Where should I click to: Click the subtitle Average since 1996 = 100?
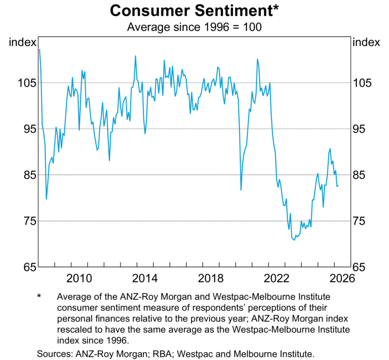point(194,27)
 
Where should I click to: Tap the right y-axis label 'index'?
point(366,42)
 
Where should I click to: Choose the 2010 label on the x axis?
point(79,279)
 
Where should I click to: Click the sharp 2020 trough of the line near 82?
point(241,190)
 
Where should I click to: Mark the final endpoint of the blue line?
point(338,186)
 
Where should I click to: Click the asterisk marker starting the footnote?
point(39,297)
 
